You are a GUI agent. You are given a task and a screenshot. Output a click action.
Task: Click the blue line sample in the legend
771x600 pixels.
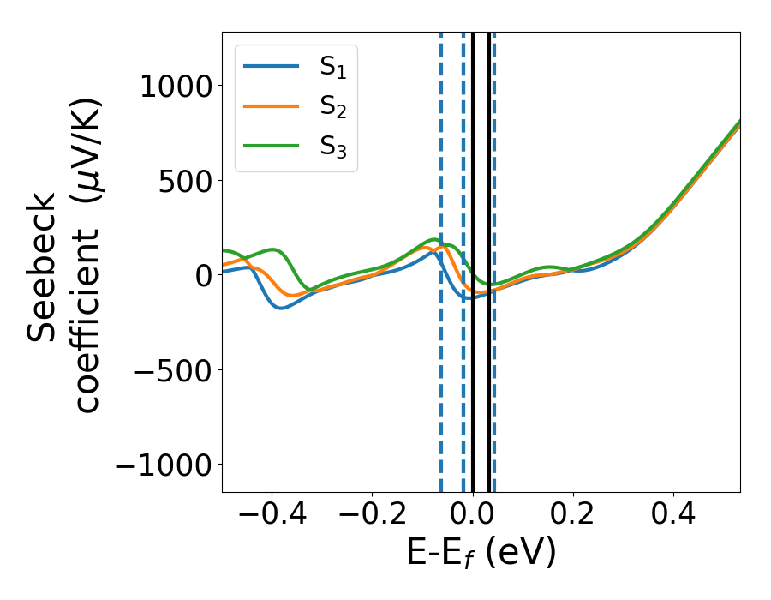tap(272, 66)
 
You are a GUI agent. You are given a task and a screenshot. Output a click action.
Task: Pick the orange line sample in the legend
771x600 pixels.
tap(272, 105)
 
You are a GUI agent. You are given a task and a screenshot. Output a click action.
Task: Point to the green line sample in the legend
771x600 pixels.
tap(272, 145)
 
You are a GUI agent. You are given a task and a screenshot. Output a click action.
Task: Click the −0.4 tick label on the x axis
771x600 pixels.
tap(272, 516)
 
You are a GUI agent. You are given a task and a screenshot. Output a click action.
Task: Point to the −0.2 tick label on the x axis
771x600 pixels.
tap(372, 516)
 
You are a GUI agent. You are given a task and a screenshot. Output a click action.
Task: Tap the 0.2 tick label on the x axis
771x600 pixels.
tap(573, 516)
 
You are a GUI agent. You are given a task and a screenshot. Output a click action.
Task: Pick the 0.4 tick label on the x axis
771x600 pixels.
tap(673, 516)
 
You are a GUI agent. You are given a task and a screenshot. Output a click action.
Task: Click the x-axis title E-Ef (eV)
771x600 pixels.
tap(481, 554)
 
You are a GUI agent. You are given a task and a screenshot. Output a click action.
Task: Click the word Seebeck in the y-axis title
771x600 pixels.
tap(43, 267)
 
